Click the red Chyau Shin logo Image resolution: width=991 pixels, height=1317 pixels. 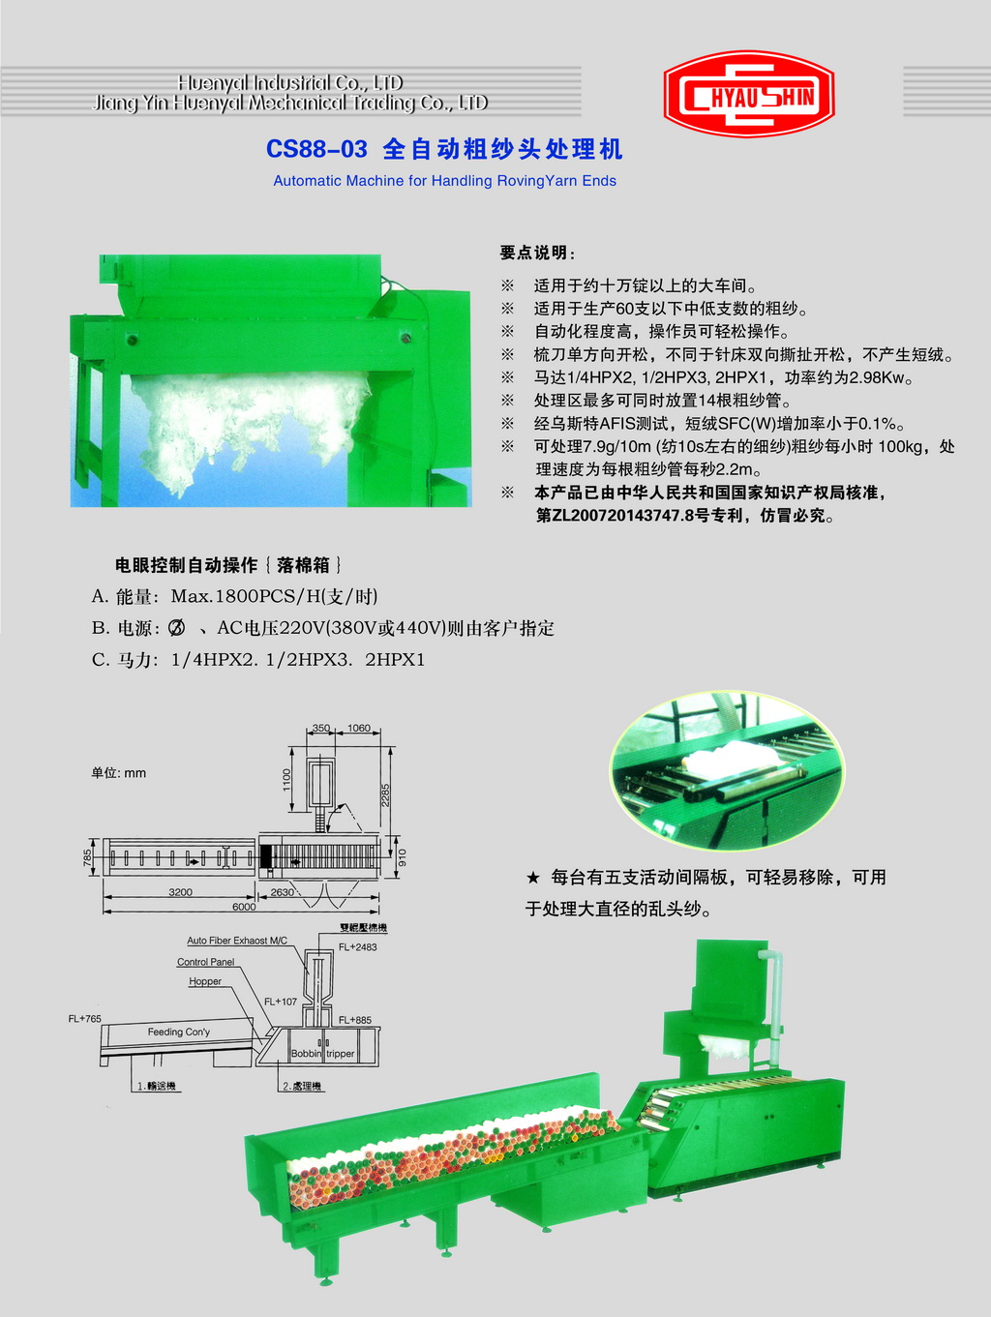coord(749,94)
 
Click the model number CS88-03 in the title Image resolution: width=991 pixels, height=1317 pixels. coord(316,149)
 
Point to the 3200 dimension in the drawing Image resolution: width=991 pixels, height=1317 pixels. coord(180,892)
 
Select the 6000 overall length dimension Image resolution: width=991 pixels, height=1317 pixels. coord(244,907)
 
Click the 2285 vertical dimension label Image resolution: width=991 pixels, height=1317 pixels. coord(386,795)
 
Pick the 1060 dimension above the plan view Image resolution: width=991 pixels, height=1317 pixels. coord(359,728)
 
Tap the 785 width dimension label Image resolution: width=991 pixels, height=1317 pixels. coord(88,858)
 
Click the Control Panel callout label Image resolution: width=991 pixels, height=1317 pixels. coord(206,962)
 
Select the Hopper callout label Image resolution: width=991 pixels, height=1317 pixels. coord(205,981)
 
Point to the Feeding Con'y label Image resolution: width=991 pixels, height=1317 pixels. coord(179,1032)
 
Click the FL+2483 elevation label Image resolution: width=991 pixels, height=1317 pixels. coord(357,947)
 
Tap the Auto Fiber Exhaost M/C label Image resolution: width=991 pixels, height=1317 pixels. coord(237,941)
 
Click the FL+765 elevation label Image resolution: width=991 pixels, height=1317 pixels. coord(84,1019)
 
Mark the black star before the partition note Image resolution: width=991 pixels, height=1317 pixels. coord(532,879)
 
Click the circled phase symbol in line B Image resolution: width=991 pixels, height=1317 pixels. coord(177,628)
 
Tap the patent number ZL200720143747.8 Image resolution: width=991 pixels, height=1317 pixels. coord(615,516)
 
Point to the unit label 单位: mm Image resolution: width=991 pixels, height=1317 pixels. coord(118,773)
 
